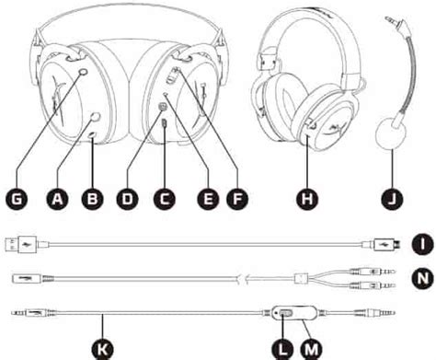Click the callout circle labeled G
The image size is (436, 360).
17,199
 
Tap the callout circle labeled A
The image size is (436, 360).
57,199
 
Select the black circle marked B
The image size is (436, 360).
92,199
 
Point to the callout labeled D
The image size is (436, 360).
128,199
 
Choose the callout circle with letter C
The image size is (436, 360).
165,199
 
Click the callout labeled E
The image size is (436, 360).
208,199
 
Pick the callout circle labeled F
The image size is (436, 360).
237,199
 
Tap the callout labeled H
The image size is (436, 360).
307,199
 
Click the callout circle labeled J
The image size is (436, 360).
392,199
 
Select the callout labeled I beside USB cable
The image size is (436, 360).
422,244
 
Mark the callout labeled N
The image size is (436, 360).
422,279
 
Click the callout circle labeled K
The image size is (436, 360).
102,349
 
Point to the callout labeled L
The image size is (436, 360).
283,349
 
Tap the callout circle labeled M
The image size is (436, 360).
312,349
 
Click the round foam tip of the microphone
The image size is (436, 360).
391,134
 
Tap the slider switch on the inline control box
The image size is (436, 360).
286,313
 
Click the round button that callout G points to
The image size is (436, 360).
83,72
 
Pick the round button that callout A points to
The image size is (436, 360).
96,117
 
